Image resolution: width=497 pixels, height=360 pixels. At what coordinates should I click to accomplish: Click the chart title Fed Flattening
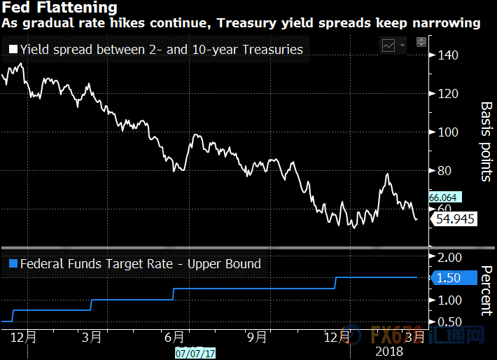click(x=59, y=8)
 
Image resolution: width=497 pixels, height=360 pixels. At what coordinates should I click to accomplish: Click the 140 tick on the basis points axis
click(x=449, y=55)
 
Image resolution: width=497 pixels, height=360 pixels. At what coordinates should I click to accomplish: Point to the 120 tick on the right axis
click(x=449, y=94)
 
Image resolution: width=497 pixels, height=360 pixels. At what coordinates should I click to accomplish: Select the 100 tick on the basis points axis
click(x=449, y=132)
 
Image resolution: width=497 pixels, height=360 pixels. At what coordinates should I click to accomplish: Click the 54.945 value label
click(x=455, y=219)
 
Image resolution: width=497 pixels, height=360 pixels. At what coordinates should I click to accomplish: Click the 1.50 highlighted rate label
click(x=448, y=278)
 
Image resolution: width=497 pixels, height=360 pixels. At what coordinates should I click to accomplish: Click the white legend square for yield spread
click(x=13, y=50)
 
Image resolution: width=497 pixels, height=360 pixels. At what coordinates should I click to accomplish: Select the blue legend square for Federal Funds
click(x=13, y=264)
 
